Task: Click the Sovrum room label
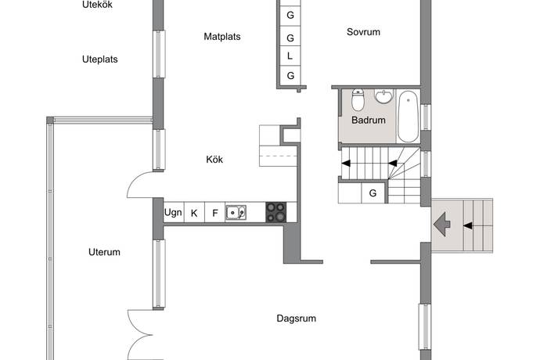pyautogui.click(x=363, y=32)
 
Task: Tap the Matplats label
pyautogui.click(x=222, y=37)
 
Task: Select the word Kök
pyautogui.click(x=214, y=160)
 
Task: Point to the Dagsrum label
pyautogui.click(x=296, y=319)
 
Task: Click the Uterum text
pyautogui.click(x=104, y=252)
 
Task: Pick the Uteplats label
pyautogui.click(x=100, y=59)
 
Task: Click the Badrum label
pyautogui.click(x=368, y=121)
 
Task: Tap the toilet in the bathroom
pyautogui.click(x=358, y=100)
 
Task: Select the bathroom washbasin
pyautogui.click(x=383, y=96)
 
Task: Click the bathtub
pyautogui.click(x=408, y=117)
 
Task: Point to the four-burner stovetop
pyautogui.click(x=275, y=212)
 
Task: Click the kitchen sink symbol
pyautogui.click(x=236, y=213)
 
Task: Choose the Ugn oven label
pyautogui.click(x=173, y=213)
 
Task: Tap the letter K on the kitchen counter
pyautogui.click(x=194, y=213)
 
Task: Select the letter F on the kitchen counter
pyautogui.click(x=215, y=213)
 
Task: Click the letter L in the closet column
pyautogui.click(x=290, y=56)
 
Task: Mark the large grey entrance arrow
pyautogui.click(x=442, y=225)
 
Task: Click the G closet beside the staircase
pyautogui.click(x=373, y=193)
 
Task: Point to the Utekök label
pyautogui.click(x=97, y=5)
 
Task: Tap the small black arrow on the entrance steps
pyautogui.click(x=468, y=225)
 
